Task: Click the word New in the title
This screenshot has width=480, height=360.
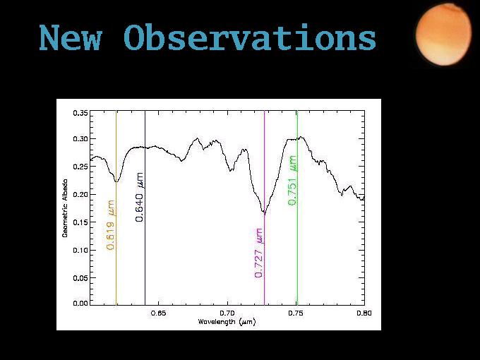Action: point(70,37)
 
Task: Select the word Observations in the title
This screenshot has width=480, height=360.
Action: point(250,37)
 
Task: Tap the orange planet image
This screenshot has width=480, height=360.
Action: point(443,35)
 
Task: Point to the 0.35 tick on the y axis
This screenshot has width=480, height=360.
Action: point(80,113)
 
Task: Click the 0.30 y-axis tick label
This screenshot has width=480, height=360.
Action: point(80,138)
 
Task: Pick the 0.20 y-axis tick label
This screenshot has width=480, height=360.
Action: point(80,194)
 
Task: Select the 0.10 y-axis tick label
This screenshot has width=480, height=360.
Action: point(80,250)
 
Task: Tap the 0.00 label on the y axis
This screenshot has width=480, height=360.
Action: point(80,303)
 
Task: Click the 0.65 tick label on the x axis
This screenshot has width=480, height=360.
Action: point(159,313)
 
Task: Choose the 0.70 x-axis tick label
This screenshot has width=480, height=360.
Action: point(227,313)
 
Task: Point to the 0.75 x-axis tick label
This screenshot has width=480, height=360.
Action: point(296,313)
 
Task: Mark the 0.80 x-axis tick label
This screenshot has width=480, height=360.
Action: point(364,313)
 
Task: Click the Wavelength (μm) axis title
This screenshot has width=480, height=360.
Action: point(227,322)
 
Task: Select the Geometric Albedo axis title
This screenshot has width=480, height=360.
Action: point(65,208)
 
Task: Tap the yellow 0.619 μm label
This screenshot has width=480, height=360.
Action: point(110,225)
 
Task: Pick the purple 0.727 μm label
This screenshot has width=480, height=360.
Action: point(258,253)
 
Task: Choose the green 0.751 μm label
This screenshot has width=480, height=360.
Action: point(292,181)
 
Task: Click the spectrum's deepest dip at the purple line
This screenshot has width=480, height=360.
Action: point(265,212)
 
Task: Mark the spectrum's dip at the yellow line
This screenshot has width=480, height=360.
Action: point(116,181)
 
